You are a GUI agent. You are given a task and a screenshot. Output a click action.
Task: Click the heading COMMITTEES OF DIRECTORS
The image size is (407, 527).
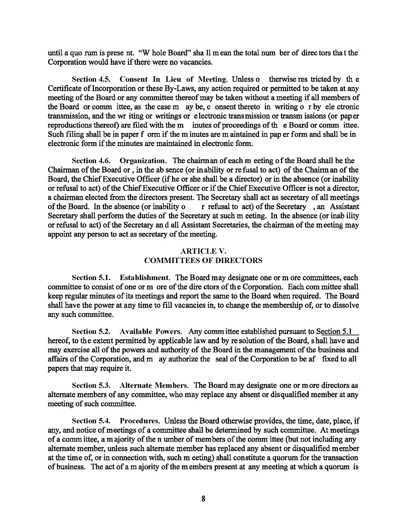(x=203, y=260)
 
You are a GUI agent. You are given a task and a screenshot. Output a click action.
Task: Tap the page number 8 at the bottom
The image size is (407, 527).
(x=203, y=498)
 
